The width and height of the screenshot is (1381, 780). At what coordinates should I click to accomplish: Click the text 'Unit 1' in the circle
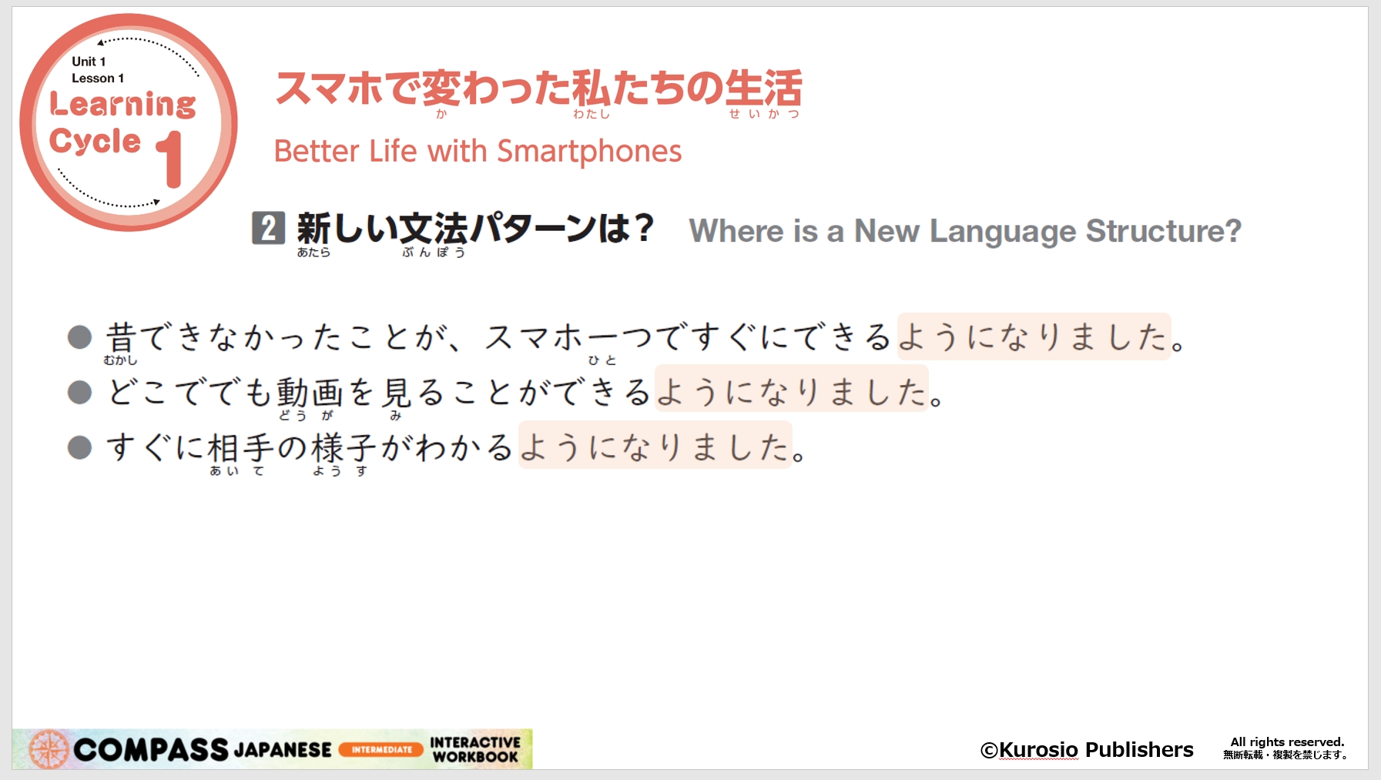click(x=89, y=62)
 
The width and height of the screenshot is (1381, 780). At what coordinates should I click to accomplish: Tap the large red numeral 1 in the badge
click(x=170, y=159)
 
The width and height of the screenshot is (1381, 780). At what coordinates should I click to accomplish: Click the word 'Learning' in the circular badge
click(x=122, y=104)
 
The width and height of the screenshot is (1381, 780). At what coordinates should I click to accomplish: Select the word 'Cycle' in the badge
click(x=95, y=141)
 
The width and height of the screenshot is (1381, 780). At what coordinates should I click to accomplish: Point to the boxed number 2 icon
click(x=268, y=228)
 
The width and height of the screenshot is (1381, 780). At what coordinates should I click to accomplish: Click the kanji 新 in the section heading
click(x=314, y=228)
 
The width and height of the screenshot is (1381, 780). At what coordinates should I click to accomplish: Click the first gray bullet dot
click(x=79, y=336)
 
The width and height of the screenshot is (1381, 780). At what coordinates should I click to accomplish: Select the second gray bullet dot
click(x=79, y=392)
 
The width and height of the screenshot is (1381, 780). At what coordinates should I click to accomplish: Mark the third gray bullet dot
click(x=79, y=447)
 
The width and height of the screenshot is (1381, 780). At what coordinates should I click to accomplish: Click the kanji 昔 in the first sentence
click(x=121, y=337)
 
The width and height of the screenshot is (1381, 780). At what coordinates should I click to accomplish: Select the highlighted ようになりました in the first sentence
click(x=1034, y=336)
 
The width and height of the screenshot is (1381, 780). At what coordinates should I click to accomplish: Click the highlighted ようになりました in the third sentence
click(x=655, y=445)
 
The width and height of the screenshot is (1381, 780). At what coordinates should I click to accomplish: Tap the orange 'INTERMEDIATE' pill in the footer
click(x=381, y=749)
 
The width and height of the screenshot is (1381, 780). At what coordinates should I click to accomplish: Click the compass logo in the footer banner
click(x=49, y=749)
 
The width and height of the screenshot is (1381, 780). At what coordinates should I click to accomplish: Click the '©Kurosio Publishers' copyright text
click(x=1087, y=749)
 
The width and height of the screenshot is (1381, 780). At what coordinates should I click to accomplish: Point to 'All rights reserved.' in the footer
click(x=1287, y=742)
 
